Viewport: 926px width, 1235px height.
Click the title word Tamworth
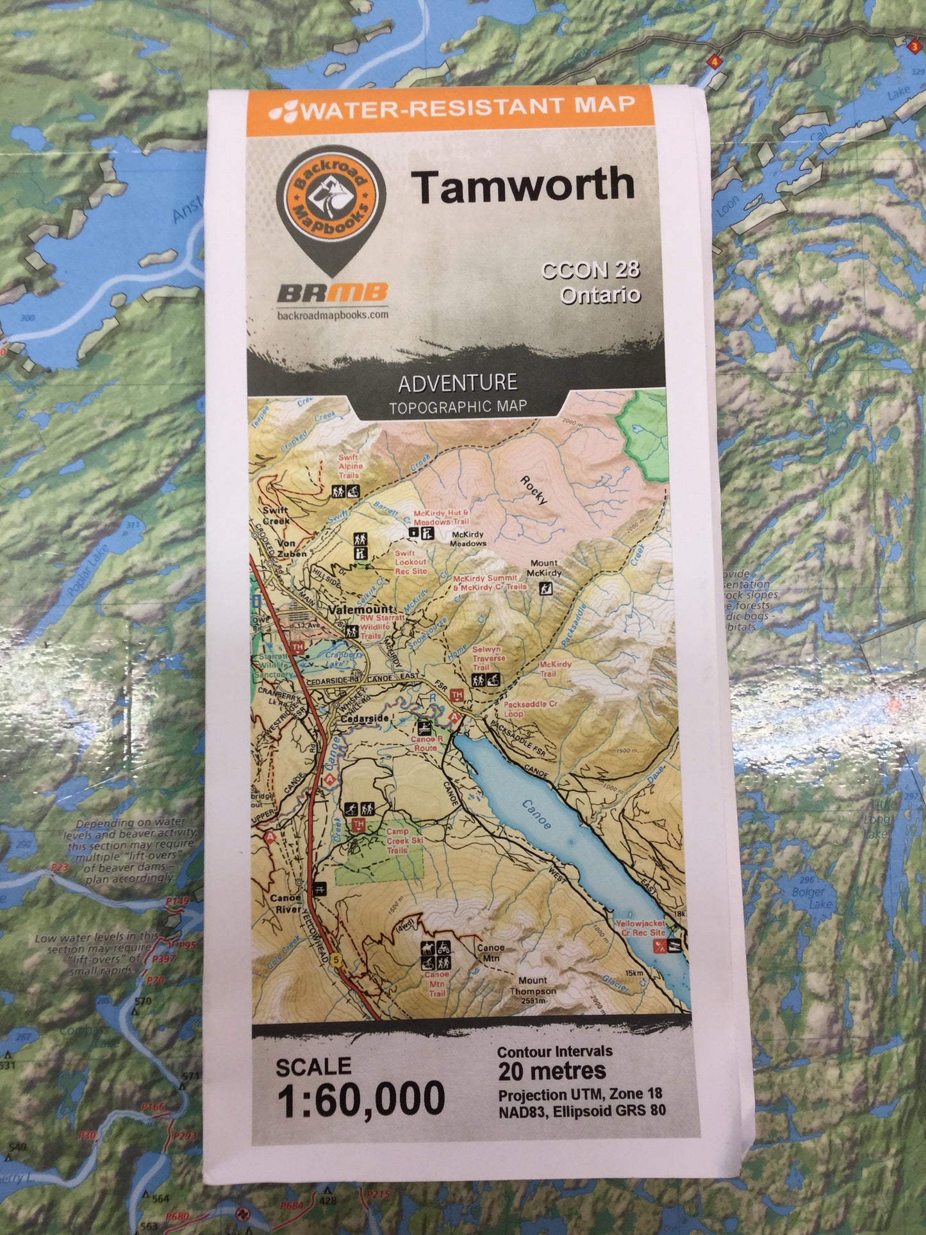(x=522, y=185)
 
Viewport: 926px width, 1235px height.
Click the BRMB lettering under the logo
(x=332, y=294)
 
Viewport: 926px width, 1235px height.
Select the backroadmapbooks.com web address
(x=332, y=315)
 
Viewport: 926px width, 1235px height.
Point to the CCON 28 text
(x=590, y=270)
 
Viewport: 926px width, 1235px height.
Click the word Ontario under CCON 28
(x=600, y=295)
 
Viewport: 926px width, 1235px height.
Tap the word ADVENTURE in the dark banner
(x=458, y=383)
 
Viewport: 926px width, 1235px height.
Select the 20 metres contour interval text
(x=552, y=1071)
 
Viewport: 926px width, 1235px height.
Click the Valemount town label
(x=354, y=610)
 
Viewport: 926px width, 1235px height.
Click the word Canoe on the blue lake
(x=536, y=814)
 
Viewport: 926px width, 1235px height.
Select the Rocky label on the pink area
(x=533, y=490)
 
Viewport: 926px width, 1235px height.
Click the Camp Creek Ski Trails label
(x=397, y=840)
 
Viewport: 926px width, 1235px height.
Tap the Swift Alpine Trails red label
(x=349, y=466)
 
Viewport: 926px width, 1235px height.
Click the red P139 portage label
(x=177, y=902)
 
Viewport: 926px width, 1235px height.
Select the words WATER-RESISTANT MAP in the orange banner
(x=468, y=107)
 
